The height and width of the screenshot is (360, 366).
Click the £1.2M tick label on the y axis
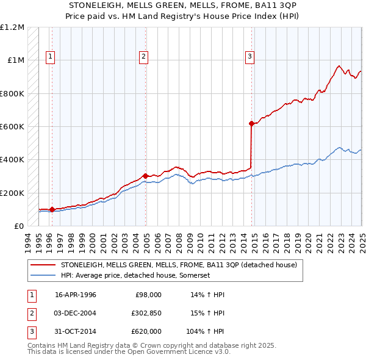12,27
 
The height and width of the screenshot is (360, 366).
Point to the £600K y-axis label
12,127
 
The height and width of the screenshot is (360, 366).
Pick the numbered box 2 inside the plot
143,57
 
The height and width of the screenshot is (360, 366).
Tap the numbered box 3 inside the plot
249,57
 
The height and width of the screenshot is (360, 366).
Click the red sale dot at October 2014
252,123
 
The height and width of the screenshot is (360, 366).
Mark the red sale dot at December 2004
146,176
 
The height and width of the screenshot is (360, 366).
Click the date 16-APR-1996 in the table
76,295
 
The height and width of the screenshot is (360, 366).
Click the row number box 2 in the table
30,313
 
